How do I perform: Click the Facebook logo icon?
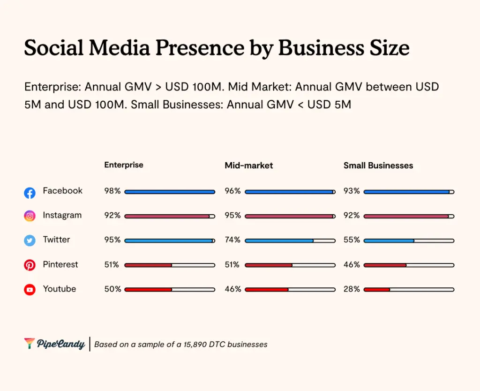30,192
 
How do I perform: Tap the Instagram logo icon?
30,216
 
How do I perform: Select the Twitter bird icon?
30,241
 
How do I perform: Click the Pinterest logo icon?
30,265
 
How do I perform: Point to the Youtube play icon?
30,290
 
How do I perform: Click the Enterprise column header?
124,165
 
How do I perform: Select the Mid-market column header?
249,165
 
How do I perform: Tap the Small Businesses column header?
378,165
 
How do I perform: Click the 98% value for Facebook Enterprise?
112,191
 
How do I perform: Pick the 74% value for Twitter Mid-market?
233,240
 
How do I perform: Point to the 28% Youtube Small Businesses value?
352,289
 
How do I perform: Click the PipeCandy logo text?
60,344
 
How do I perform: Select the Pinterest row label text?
60,264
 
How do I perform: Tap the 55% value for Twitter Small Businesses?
352,240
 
